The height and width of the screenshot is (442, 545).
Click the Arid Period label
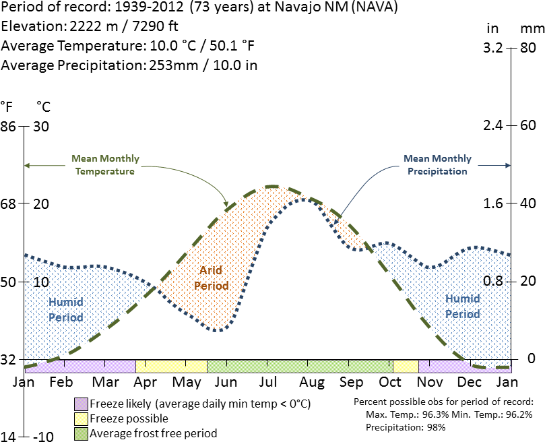211,278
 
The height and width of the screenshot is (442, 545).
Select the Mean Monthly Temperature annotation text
105,165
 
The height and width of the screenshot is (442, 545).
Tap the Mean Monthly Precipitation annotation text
437,165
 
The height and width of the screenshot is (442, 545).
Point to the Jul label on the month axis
268,382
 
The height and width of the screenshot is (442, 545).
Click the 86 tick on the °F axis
9,126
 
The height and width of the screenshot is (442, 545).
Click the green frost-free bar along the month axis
299,366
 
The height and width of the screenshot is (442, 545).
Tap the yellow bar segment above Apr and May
171,366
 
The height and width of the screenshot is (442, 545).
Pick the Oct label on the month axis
389,382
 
